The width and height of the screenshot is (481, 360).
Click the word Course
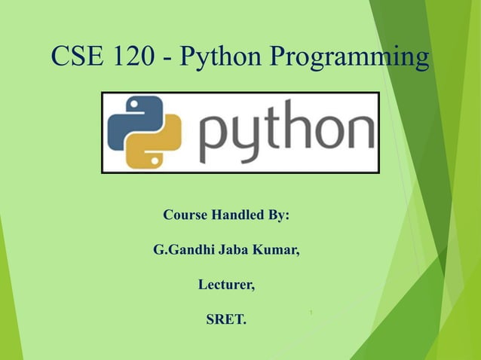click(185, 215)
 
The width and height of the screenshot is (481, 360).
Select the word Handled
click(237, 215)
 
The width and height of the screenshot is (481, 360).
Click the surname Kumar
click(278, 250)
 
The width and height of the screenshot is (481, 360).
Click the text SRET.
click(226, 320)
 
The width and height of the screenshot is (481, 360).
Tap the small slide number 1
click(311, 313)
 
